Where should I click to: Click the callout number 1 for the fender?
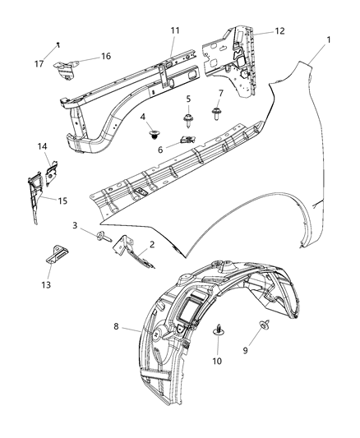tap(330, 39)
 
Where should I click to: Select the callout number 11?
tap(175, 31)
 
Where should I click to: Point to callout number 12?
tap(280, 31)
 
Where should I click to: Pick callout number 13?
tap(46, 284)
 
